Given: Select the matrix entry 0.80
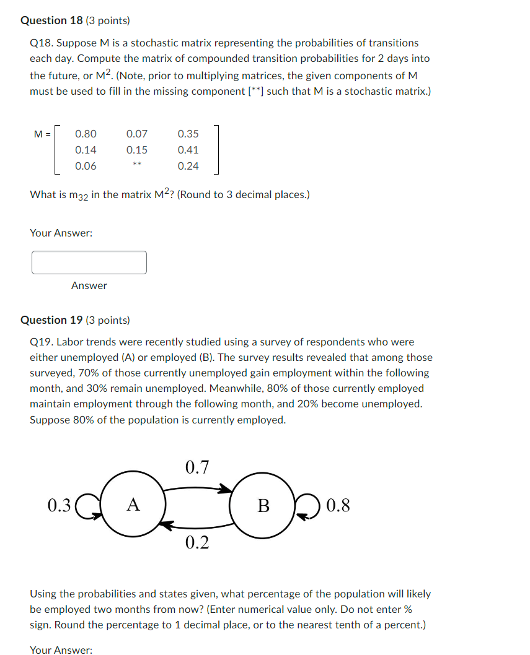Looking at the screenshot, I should click(86, 134).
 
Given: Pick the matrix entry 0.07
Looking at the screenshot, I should click(137, 134).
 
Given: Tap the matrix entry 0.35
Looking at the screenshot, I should click(188, 134).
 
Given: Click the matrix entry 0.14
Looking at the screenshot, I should click(86, 150).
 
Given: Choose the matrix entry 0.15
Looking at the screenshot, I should click(137, 150).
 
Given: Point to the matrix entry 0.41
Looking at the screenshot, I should click(188, 150).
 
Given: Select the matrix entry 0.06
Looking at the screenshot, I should click(86, 166).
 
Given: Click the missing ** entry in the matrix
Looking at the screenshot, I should click(137, 165).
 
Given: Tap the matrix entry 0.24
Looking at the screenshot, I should click(188, 166).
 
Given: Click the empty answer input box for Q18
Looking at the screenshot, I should click(89, 262).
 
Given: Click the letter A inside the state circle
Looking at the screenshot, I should click(133, 505).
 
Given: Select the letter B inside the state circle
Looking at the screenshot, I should click(263, 506).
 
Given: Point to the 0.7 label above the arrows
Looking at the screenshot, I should click(197, 467).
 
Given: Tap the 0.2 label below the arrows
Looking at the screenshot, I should click(197, 543).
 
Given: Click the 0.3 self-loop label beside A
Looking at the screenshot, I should click(59, 506).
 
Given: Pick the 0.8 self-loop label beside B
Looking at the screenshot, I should click(338, 506).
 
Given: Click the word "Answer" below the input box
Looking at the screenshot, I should click(89, 285).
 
